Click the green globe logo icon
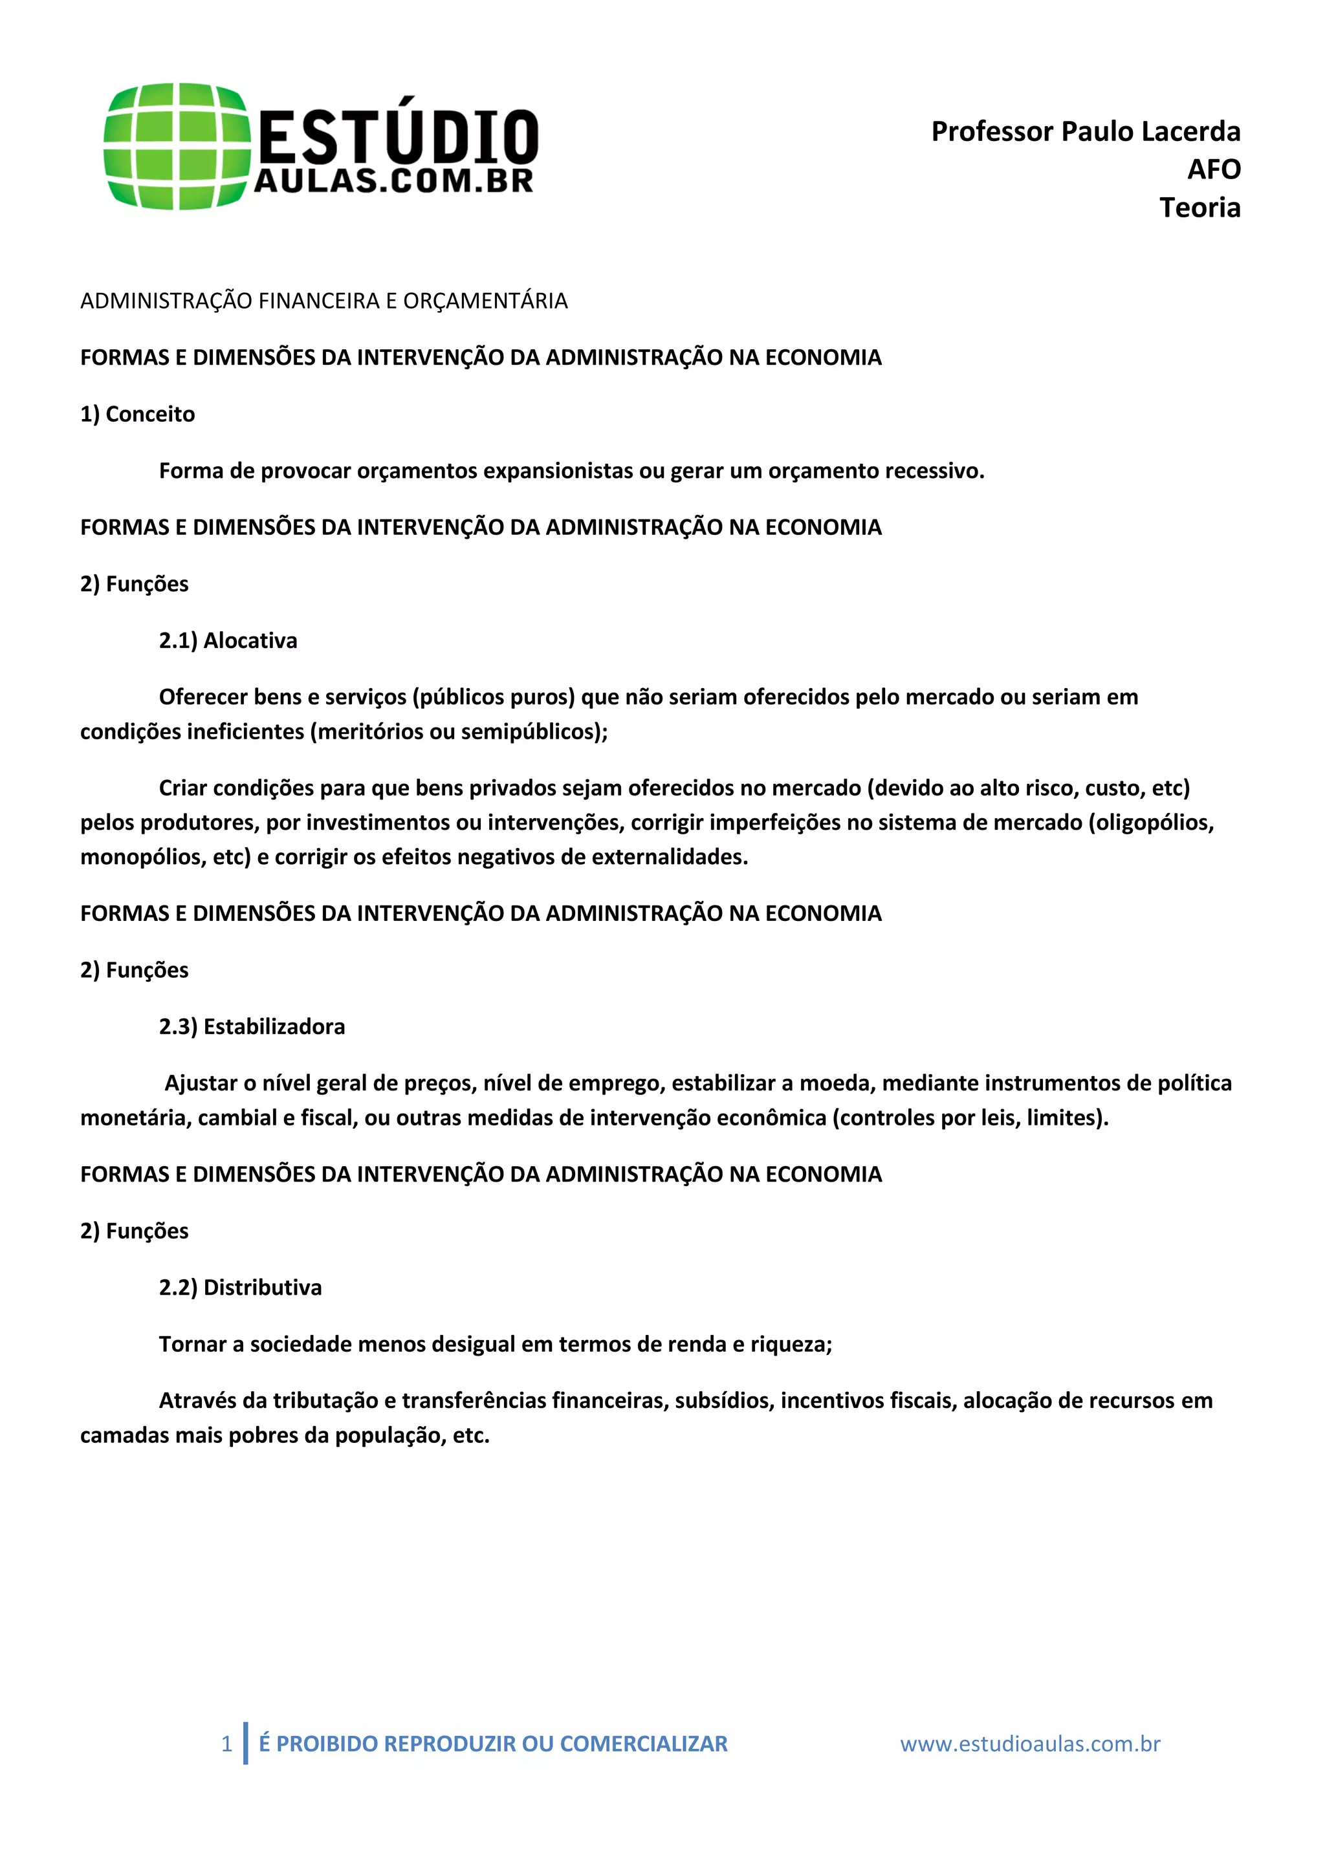point(176,146)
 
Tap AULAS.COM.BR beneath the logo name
point(394,181)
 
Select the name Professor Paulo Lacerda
point(1085,131)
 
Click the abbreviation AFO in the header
point(1213,169)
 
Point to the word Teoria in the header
point(1199,208)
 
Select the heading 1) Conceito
point(138,415)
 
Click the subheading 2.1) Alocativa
point(228,640)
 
